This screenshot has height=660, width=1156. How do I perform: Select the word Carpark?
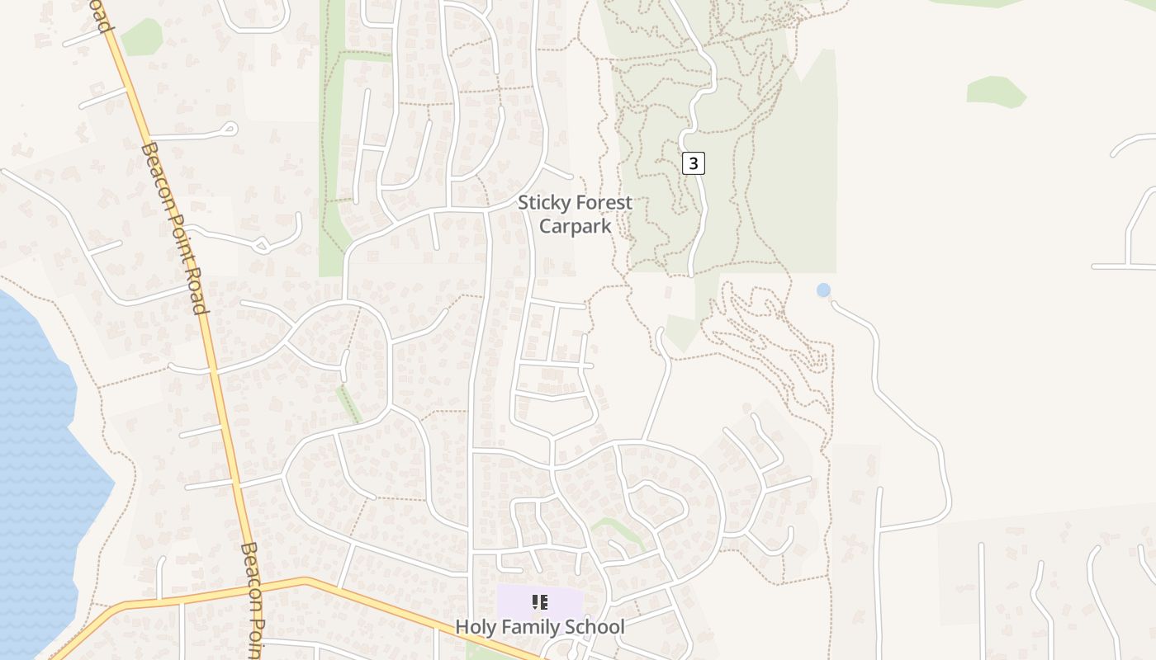tap(575, 225)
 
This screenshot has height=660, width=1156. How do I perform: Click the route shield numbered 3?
tap(694, 163)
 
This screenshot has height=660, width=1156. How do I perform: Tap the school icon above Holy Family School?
tap(540, 602)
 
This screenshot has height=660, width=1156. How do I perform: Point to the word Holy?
tap(476, 627)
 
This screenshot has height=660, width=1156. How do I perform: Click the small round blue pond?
tap(823, 290)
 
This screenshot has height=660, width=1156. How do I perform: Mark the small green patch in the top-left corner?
tap(143, 36)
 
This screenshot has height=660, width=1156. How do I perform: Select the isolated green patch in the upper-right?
tap(996, 91)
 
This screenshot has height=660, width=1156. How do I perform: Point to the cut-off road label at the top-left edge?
tap(101, 16)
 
